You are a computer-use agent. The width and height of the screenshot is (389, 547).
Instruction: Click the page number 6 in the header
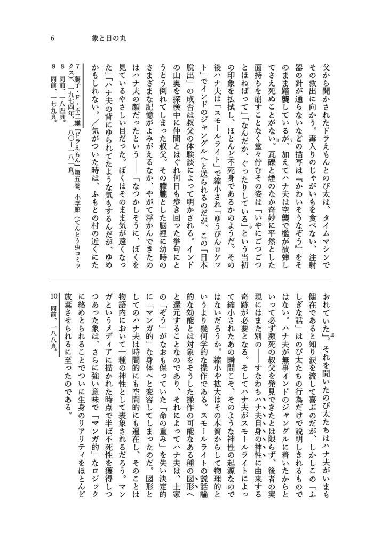click(x=52, y=38)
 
